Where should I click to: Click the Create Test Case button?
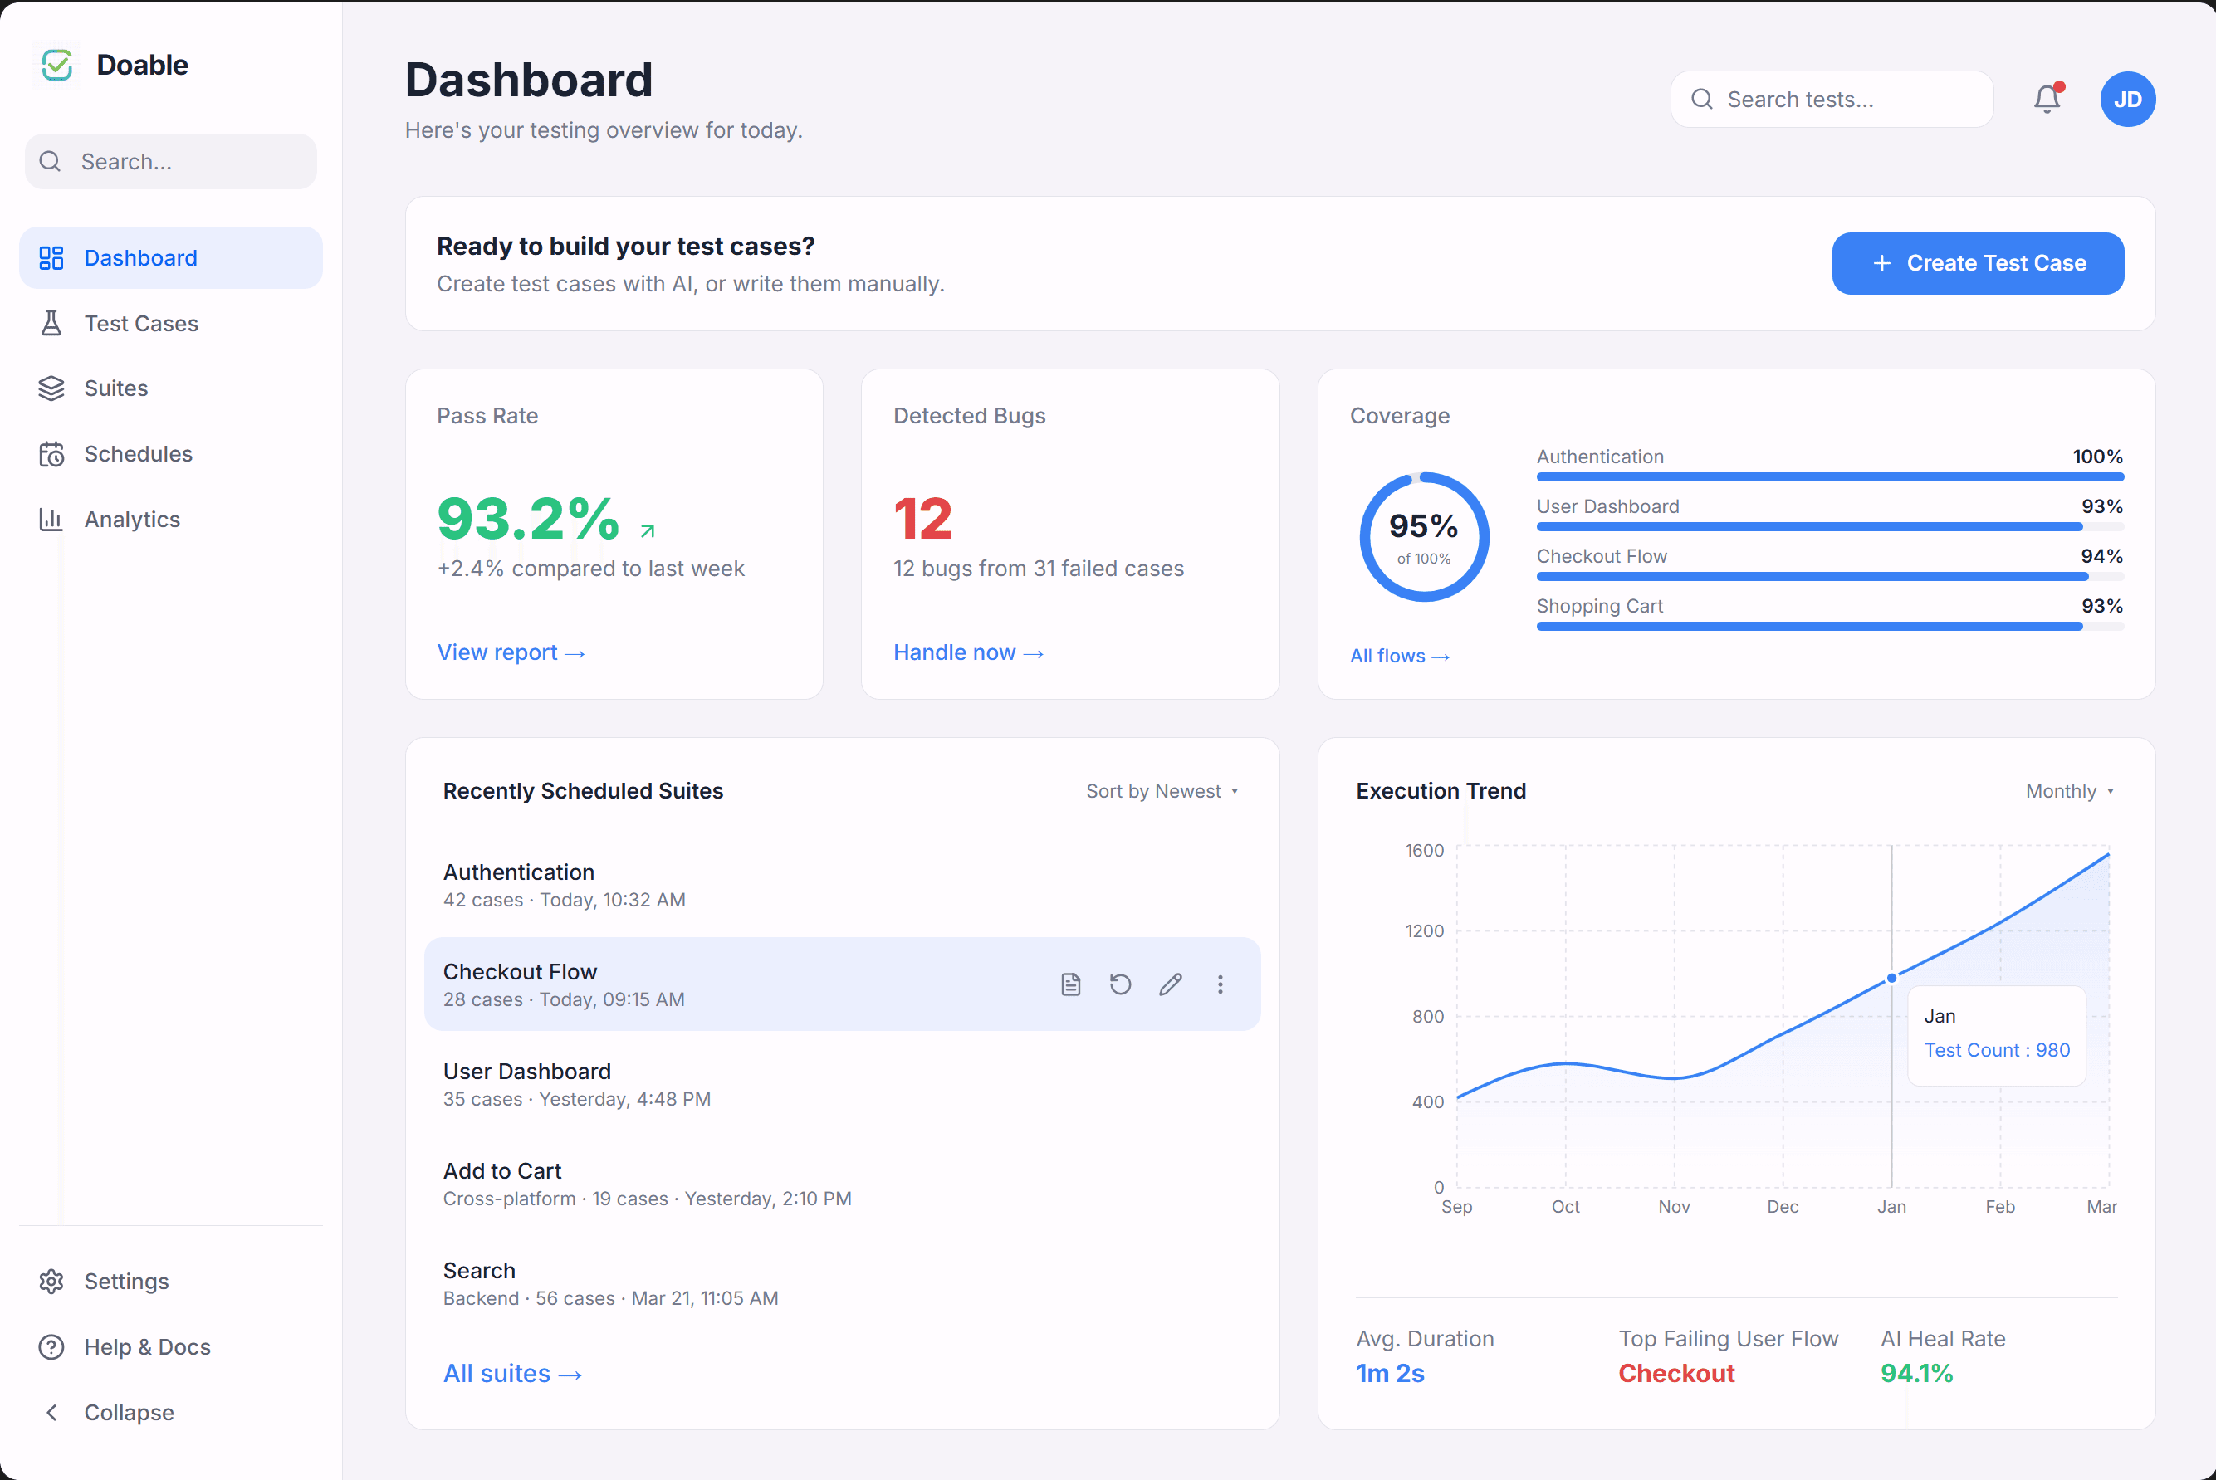coord(1977,263)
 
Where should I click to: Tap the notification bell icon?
coord(2046,99)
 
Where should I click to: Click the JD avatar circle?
coord(2126,99)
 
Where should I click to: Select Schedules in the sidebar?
coord(138,454)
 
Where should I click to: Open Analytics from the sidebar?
coord(131,519)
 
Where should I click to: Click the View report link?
coord(511,652)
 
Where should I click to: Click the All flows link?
coord(1398,656)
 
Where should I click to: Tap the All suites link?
coord(511,1374)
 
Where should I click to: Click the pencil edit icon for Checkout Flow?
coord(1170,984)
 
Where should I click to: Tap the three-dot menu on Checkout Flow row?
coord(1220,984)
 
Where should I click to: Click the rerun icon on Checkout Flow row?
coord(1120,984)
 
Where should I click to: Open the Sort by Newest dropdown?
coord(1162,791)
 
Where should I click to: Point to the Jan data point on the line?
coord(1891,978)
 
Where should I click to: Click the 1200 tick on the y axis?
coord(1424,930)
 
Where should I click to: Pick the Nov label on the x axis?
coord(1674,1206)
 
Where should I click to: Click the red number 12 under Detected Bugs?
coord(922,518)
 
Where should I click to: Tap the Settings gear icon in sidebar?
coord(51,1281)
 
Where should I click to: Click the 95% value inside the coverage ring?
coord(1423,525)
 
